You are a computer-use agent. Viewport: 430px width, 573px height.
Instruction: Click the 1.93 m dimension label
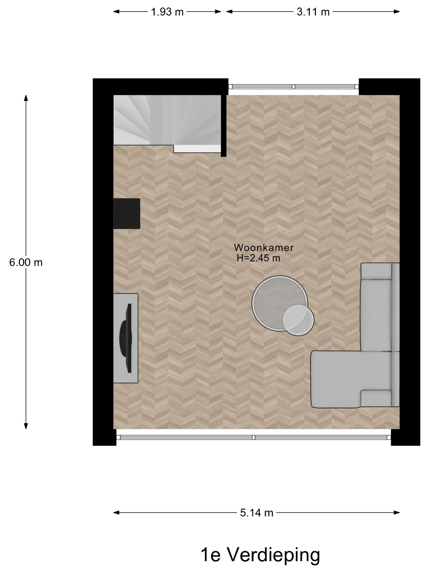pyautogui.click(x=167, y=12)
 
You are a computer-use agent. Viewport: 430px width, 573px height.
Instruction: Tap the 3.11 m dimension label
pyautogui.click(x=313, y=12)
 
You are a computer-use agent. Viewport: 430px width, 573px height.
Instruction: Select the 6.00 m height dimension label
pyautogui.click(x=26, y=262)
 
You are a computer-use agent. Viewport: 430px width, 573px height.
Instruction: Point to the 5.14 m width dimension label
pyautogui.click(x=257, y=513)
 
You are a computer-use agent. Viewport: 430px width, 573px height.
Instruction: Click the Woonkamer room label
pyautogui.click(x=264, y=248)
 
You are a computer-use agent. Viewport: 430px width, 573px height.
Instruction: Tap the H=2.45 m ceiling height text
pyautogui.click(x=258, y=258)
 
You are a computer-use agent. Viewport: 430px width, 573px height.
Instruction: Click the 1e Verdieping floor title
pyautogui.click(x=260, y=555)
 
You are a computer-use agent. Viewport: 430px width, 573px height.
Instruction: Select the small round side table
pyautogui.click(x=298, y=320)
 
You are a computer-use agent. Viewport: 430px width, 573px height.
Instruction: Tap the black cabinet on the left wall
pyautogui.click(x=127, y=214)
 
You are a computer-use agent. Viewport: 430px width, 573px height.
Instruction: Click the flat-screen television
pyautogui.click(x=126, y=338)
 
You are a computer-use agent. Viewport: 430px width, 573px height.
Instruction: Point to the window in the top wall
pyautogui.click(x=293, y=87)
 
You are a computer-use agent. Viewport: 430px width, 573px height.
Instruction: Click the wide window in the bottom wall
pyautogui.click(x=253, y=438)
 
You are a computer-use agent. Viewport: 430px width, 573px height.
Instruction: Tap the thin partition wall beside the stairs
pyautogui.click(x=224, y=126)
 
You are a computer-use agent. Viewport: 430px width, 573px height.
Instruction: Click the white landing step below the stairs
pyautogui.click(x=197, y=149)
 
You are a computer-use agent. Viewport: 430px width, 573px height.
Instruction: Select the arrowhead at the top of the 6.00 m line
pyautogui.click(x=26, y=98)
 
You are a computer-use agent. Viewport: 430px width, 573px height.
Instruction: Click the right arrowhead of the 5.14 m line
pyautogui.click(x=397, y=513)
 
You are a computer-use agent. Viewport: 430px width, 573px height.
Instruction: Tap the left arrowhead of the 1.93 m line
pyautogui.click(x=116, y=12)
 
